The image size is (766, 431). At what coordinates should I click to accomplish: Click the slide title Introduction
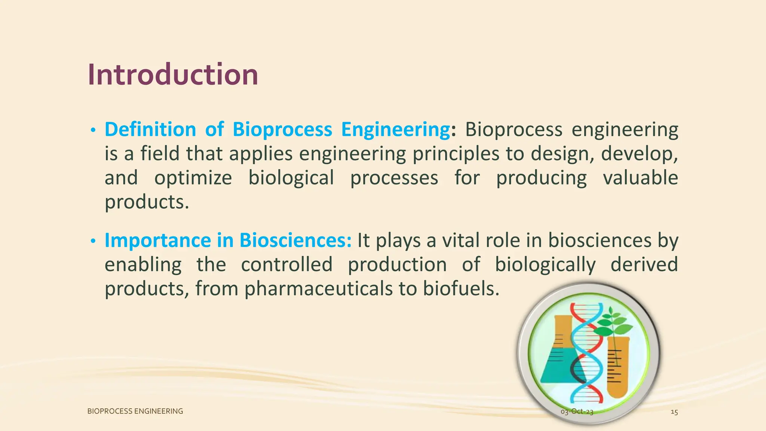click(173, 75)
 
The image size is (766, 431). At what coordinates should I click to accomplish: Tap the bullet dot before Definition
click(93, 131)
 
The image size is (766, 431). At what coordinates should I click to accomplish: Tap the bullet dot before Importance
click(93, 241)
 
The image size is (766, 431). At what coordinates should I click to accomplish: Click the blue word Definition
click(150, 129)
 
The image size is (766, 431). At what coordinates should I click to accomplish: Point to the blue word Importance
click(157, 240)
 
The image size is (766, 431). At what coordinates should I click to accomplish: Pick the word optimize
click(193, 178)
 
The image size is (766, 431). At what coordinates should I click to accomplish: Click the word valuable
click(640, 177)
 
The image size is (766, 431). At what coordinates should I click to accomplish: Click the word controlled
click(287, 265)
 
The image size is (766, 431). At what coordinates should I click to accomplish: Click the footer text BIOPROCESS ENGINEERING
click(135, 411)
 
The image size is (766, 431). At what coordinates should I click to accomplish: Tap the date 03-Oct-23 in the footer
click(577, 412)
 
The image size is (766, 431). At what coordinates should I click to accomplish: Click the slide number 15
click(674, 412)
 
